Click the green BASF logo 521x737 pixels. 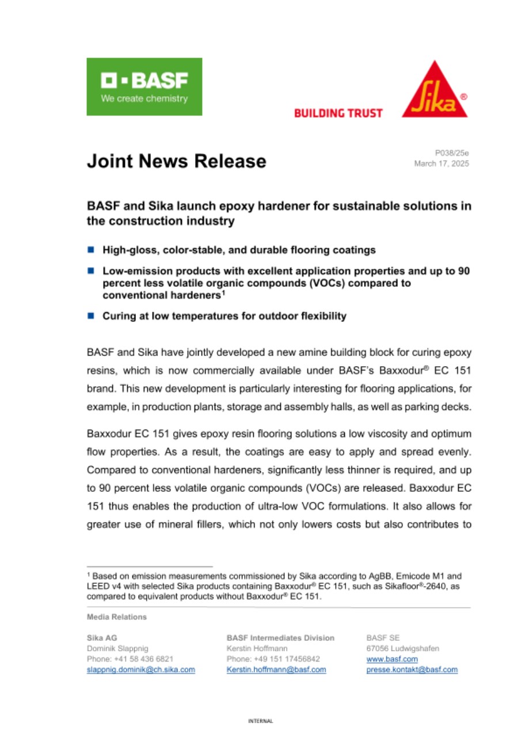144,86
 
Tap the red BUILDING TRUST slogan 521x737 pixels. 338,113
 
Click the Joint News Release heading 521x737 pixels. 176,161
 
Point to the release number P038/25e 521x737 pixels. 452,153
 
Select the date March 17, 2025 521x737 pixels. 442,164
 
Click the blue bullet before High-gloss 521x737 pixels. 90,250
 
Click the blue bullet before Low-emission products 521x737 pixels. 90,270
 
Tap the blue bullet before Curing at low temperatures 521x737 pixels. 90,316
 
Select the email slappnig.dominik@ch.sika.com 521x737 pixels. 140,670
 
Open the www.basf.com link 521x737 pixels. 392,659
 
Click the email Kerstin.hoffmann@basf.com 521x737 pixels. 276,670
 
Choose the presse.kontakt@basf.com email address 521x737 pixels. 412,670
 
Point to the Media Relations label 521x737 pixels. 116,617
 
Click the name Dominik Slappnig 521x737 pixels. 117,648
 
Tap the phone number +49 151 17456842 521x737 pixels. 273,659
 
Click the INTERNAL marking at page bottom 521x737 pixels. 260,721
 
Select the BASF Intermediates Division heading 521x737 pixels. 280,637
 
